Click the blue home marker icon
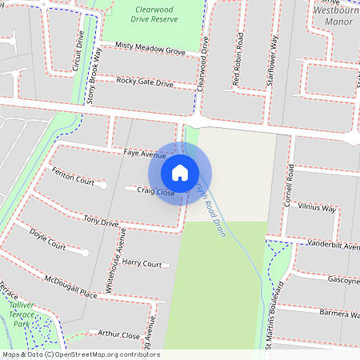180,173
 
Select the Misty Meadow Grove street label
150,50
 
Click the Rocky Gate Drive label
145,82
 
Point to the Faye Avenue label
145,154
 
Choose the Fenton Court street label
73,175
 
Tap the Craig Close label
155,191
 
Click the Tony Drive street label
101,222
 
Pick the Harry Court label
142,263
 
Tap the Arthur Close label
118,335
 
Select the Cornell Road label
290,186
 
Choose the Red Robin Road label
238,60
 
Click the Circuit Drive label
78,53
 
